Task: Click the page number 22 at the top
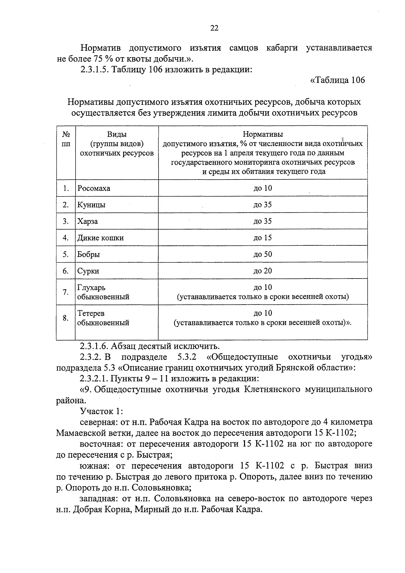pyautogui.click(x=214, y=28)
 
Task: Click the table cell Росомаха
pyautogui.click(x=94, y=188)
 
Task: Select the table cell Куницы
pyautogui.click(x=91, y=205)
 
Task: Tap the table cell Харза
pyautogui.click(x=87, y=221)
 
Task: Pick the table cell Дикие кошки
pyautogui.click(x=101, y=238)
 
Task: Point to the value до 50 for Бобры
pyautogui.click(x=263, y=255)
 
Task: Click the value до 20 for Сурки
pyautogui.click(x=263, y=271)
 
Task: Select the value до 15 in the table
pyautogui.click(x=263, y=238)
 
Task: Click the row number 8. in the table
pyautogui.click(x=66, y=318)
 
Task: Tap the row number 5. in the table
pyautogui.click(x=66, y=255)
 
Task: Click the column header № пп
pyautogui.click(x=66, y=139)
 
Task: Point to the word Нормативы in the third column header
pyautogui.click(x=263, y=135)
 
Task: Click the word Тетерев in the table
pyautogui.click(x=91, y=313)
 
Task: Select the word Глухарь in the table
pyautogui.click(x=91, y=288)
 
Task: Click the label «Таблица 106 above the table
pyautogui.click(x=337, y=80)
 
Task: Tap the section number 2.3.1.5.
pyautogui.click(x=94, y=70)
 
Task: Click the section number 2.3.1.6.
pyautogui.click(x=94, y=346)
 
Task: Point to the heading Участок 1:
pyautogui.click(x=101, y=411)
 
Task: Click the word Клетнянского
pyautogui.click(x=272, y=389)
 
